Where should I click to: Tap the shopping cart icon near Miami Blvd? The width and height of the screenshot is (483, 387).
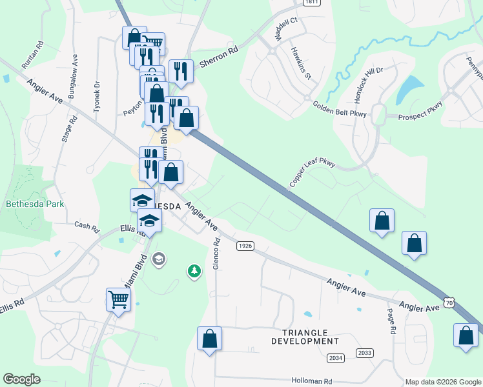tap(119, 299)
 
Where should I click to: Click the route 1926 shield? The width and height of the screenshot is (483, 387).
tap(244, 246)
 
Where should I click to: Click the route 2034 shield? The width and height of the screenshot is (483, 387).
tap(336, 357)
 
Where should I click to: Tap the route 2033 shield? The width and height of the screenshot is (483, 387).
tap(365, 352)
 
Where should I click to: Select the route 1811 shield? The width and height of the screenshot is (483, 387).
tap(312, 3)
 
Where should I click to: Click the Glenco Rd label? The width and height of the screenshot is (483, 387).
tap(217, 254)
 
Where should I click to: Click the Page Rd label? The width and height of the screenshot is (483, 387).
tap(391, 320)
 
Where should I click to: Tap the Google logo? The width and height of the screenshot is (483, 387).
tap(21, 379)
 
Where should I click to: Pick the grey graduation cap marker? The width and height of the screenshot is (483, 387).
tap(159, 259)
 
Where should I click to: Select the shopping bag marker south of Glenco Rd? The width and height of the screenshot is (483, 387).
tap(209, 339)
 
